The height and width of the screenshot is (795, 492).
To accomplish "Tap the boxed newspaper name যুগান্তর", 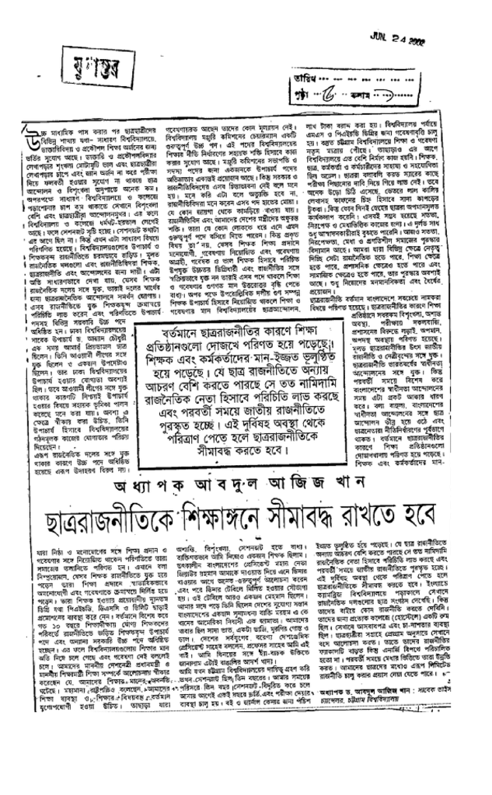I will pyautogui.click(x=80, y=61).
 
